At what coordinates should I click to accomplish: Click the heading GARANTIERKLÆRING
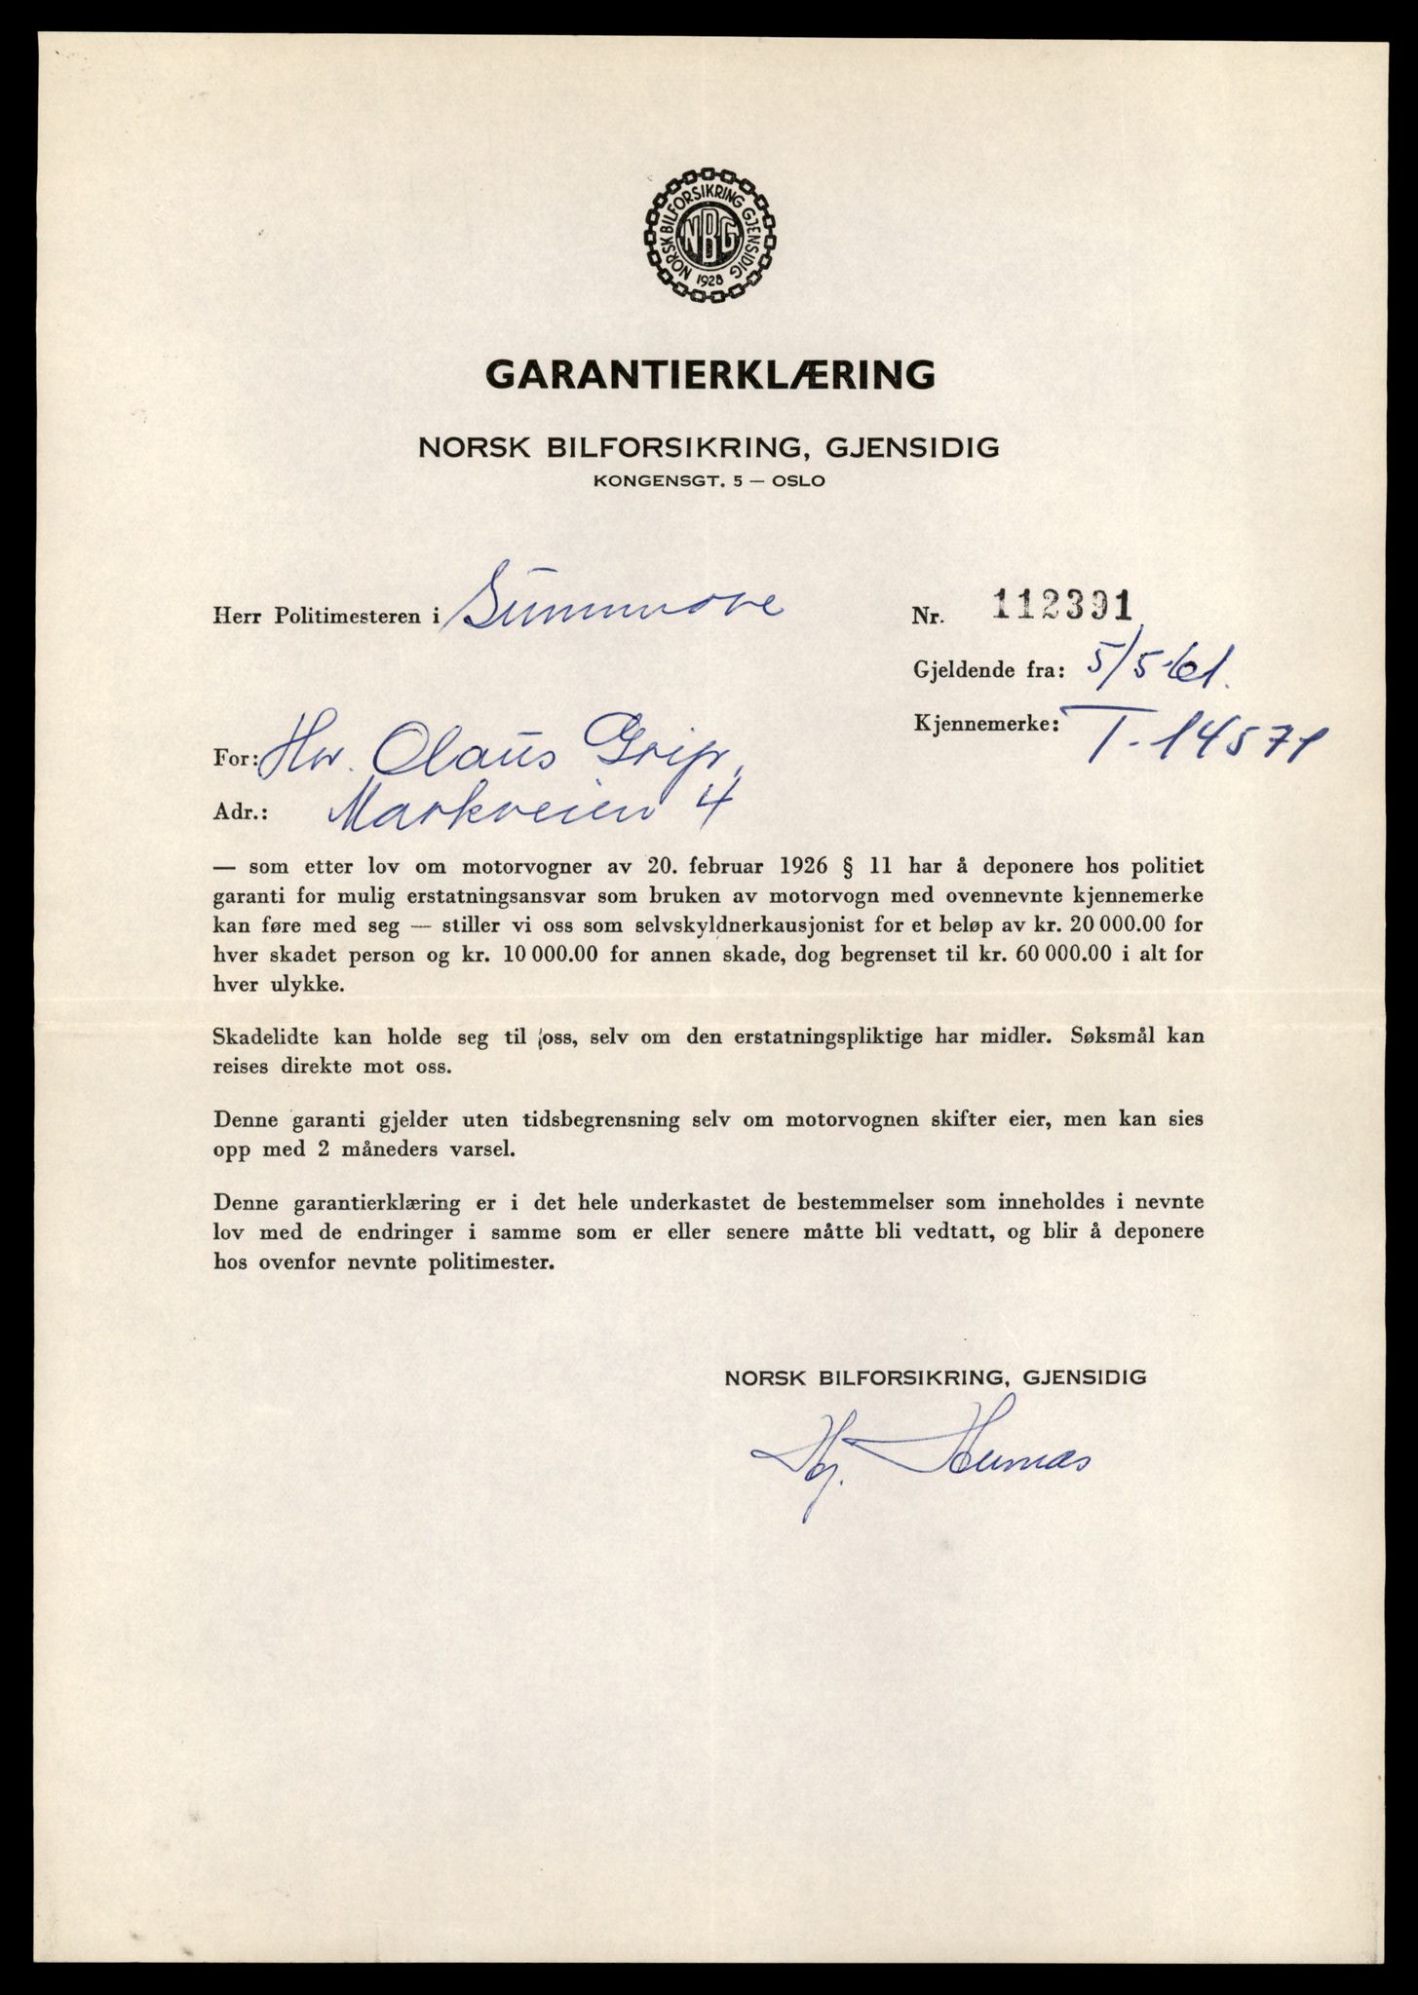tap(709, 373)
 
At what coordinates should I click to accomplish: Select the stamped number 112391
tap(1059, 608)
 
